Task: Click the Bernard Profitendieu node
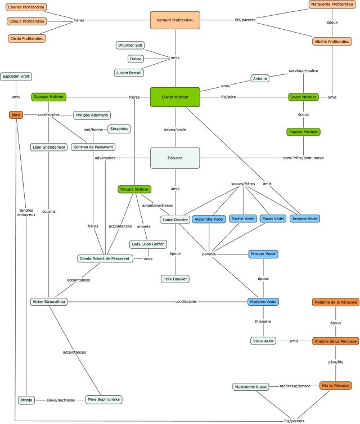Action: [175, 20]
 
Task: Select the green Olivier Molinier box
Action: [175, 97]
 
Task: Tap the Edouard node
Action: [175, 158]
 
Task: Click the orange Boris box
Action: [16, 115]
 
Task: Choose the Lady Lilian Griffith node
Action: [147, 244]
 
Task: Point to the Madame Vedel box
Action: [263, 301]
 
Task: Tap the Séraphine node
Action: [119, 129]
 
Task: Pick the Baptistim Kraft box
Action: [16, 75]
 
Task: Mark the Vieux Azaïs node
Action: [264, 341]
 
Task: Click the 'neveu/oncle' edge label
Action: [175, 129]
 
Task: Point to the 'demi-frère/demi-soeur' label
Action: [304, 158]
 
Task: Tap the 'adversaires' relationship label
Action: [105, 158]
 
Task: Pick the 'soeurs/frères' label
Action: [243, 184]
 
